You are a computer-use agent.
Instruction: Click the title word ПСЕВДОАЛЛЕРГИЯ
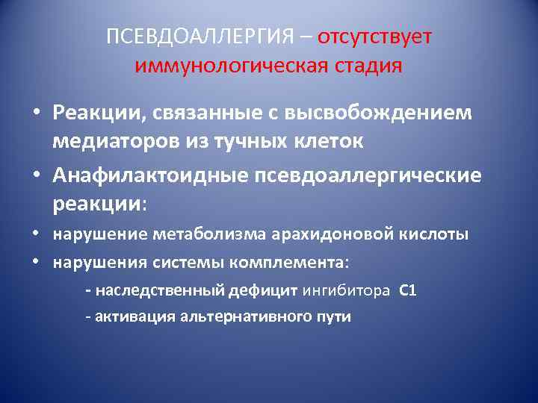click(x=199, y=38)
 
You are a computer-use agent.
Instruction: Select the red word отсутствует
click(x=374, y=38)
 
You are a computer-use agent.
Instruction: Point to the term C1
click(x=408, y=290)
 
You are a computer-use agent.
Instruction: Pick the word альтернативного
click(x=241, y=316)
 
